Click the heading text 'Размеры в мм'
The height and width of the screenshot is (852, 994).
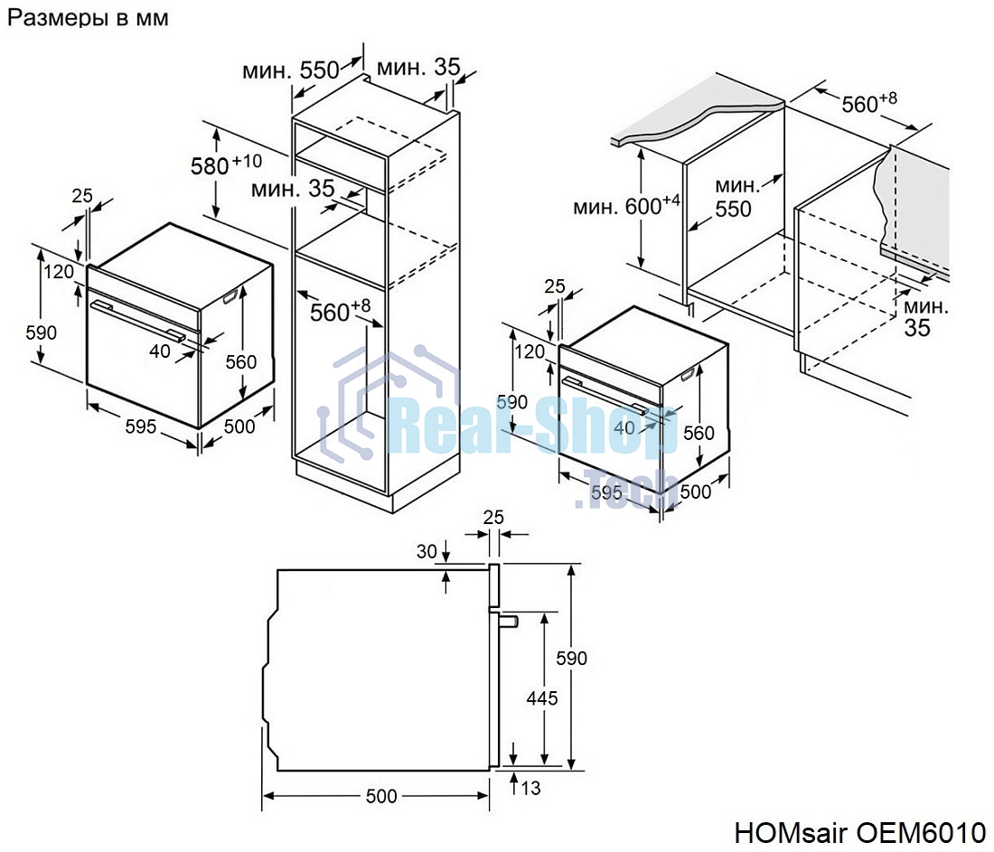pyautogui.click(x=88, y=18)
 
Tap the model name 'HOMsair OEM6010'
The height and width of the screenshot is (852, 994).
pyautogui.click(x=859, y=830)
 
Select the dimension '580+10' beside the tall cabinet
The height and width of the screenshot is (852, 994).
pyautogui.click(x=225, y=165)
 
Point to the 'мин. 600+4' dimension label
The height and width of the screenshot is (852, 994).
pyautogui.click(x=626, y=206)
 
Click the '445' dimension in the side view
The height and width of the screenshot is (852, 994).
pyautogui.click(x=541, y=698)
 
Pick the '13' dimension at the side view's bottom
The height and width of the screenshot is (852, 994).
pyautogui.click(x=530, y=789)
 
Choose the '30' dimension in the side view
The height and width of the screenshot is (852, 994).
pyautogui.click(x=426, y=551)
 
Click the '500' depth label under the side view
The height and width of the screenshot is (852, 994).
pyautogui.click(x=380, y=796)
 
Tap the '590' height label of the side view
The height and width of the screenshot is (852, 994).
pyautogui.click(x=571, y=658)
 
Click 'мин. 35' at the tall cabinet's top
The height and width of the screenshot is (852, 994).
pyautogui.click(x=417, y=68)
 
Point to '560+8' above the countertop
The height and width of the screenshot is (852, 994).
pyautogui.click(x=868, y=104)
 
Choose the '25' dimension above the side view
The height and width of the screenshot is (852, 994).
pyautogui.click(x=492, y=518)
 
